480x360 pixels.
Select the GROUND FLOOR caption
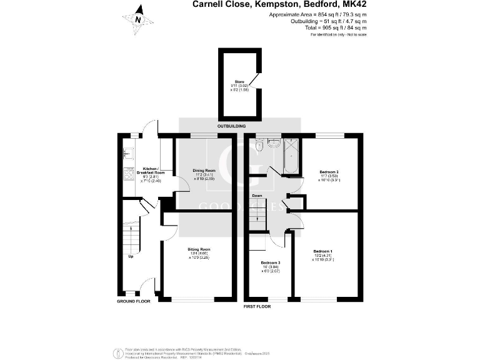[x=133, y=301]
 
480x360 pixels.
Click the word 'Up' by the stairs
[x=131, y=256]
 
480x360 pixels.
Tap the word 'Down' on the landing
[x=257, y=196]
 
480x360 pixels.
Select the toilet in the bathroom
[x=259, y=146]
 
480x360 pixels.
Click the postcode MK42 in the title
[x=354, y=4]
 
